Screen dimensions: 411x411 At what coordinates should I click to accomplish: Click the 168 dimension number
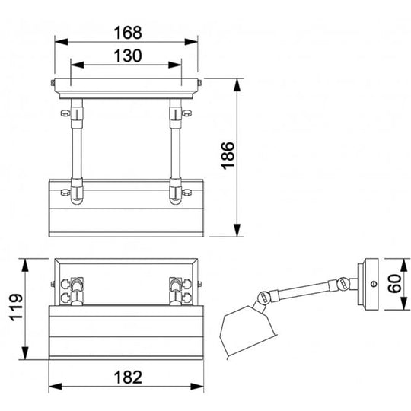coord(128,33)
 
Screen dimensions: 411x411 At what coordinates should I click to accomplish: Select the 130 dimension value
coord(128,56)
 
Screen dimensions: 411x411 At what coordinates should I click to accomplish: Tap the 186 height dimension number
coord(228,155)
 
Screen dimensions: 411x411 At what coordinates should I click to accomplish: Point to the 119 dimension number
coord(16,307)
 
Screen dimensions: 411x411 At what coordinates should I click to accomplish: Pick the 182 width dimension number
coord(128,378)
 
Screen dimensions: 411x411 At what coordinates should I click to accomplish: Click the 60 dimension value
coord(394,283)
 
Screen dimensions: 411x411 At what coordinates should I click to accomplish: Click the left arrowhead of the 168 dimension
coord(62,42)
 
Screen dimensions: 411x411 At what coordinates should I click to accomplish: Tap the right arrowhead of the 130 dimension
coord(175,65)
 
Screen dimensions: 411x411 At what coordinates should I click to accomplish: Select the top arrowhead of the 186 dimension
coord(237,85)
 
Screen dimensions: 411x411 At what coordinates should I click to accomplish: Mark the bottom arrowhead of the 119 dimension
coord(25,353)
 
